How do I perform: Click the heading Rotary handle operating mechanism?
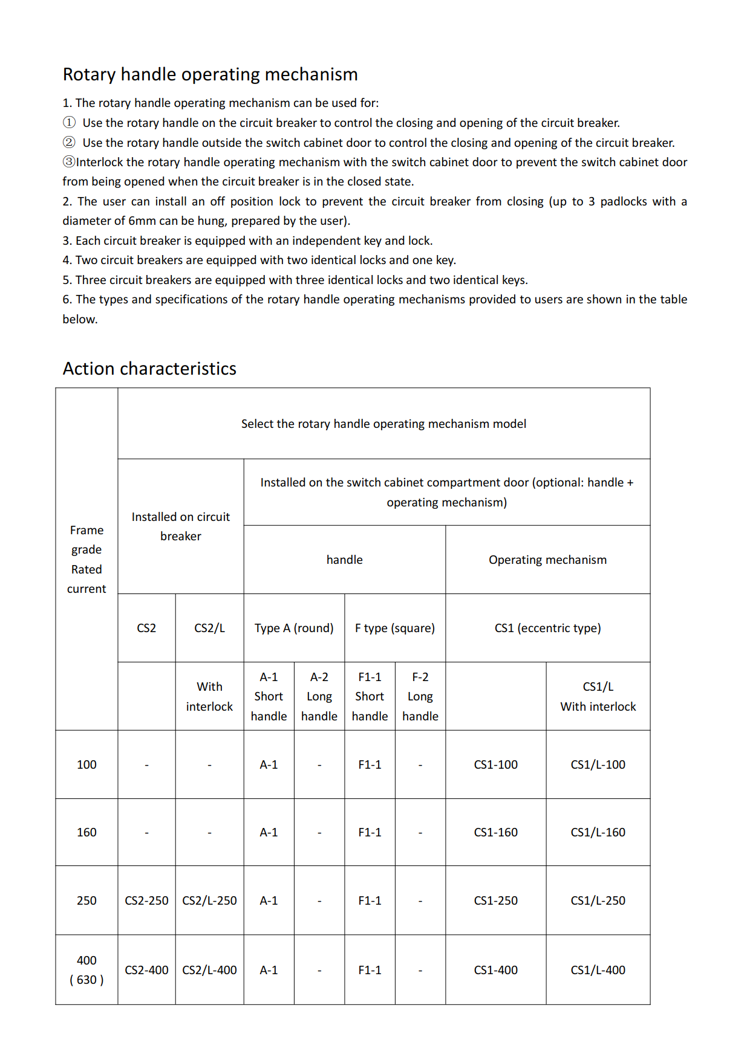[x=210, y=74]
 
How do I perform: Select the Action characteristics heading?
[x=149, y=369]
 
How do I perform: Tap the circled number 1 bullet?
[x=70, y=123]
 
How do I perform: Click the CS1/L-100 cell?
[x=598, y=764]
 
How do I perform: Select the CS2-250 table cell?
[x=146, y=900]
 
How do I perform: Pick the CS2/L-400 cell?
[x=209, y=970]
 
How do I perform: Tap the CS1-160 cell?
[x=495, y=832]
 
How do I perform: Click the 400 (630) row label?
[x=86, y=970]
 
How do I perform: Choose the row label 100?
[x=86, y=764]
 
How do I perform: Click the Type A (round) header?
[x=294, y=628]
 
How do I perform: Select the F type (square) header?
[x=394, y=628]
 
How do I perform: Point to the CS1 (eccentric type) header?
[x=547, y=628]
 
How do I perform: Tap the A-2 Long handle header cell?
[x=319, y=696]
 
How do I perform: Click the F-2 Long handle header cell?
[x=420, y=696]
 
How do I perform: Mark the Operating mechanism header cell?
[x=547, y=560]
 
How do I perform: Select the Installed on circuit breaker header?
[x=180, y=526]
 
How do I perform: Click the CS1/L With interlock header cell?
[x=598, y=696]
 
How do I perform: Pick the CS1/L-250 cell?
[x=598, y=900]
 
